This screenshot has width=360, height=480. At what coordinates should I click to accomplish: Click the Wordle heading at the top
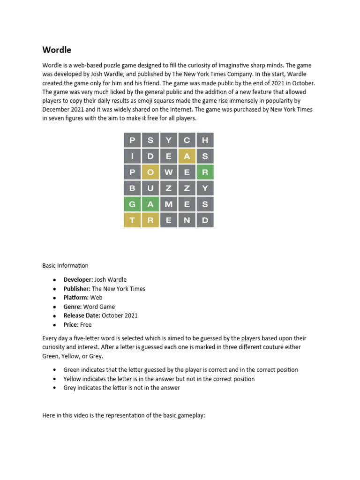(x=57, y=50)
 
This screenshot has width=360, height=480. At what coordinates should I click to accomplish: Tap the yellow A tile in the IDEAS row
(x=187, y=157)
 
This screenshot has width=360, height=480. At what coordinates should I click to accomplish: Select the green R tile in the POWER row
(x=205, y=172)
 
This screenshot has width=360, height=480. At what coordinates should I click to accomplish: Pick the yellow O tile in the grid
(x=150, y=172)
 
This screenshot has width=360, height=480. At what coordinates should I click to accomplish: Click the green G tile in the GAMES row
(x=132, y=204)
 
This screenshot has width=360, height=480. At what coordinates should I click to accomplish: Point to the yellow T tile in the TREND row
(x=132, y=220)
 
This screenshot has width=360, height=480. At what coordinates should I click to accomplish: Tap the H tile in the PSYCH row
(x=205, y=140)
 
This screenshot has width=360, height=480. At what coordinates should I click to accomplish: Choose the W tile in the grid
(x=169, y=172)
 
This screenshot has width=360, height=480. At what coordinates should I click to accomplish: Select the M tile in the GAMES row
(x=169, y=204)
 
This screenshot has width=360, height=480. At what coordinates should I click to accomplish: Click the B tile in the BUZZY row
(x=132, y=188)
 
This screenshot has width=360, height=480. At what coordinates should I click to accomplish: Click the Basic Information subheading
(x=65, y=266)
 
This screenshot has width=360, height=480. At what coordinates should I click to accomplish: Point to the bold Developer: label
(x=78, y=280)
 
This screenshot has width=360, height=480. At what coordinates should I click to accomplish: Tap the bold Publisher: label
(x=77, y=289)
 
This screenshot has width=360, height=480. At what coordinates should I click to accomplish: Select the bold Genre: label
(x=73, y=307)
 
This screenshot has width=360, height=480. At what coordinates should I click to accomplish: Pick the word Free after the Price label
(x=86, y=325)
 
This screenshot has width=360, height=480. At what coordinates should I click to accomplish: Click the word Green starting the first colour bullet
(x=72, y=370)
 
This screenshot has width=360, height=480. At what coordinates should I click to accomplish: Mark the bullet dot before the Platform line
(x=54, y=298)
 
